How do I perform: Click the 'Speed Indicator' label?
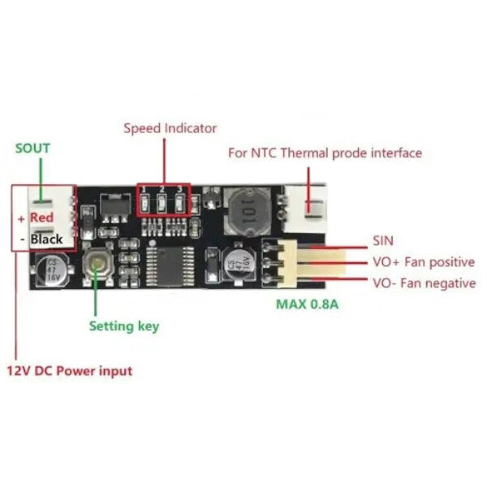tap(170, 128)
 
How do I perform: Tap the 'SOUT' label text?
tap(32, 149)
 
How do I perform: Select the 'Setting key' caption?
tap(124, 326)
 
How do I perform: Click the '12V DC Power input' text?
tap(70, 371)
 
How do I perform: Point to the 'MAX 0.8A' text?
tap(307, 304)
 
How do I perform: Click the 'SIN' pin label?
tap(383, 241)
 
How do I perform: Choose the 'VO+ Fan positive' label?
tap(424, 262)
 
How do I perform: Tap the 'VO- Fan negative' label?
tap(425, 283)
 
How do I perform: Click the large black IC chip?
tap(170, 265)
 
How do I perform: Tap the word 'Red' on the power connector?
tap(41, 218)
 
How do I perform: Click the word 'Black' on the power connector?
tap(46, 239)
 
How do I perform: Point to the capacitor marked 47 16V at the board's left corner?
tap(51, 270)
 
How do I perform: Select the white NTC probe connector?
tap(305, 209)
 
